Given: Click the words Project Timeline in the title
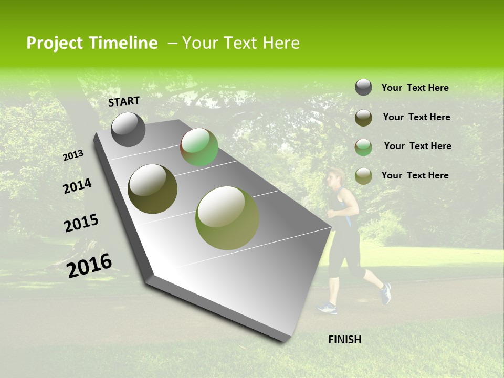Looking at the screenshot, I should [x=92, y=43].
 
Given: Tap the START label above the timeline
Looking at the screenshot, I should [x=124, y=101].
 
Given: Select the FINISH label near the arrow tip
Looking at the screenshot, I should [x=344, y=340].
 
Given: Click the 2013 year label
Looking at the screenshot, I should [x=73, y=155].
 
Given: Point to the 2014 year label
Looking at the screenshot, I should [x=77, y=186].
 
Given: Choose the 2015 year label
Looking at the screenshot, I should [x=81, y=223].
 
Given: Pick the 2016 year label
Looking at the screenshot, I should [x=89, y=265].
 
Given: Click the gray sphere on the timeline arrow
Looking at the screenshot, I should [x=128, y=129].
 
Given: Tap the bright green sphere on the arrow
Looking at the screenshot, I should [x=199, y=147].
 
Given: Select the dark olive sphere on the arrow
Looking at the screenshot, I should [x=152, y=189].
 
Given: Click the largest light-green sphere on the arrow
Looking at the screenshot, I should [x=227, y=218].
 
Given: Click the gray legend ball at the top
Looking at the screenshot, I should [x=363, y=87].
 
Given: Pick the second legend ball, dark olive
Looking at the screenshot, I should [x=363, y=118].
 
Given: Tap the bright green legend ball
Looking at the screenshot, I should [x=363, y=147].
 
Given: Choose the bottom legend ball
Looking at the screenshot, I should [x=363, y=176].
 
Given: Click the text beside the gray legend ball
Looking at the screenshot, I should [x=415, y=88].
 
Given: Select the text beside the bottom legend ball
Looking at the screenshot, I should [x=415, y=175].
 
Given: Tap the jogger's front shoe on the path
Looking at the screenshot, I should [x=327, y=308].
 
